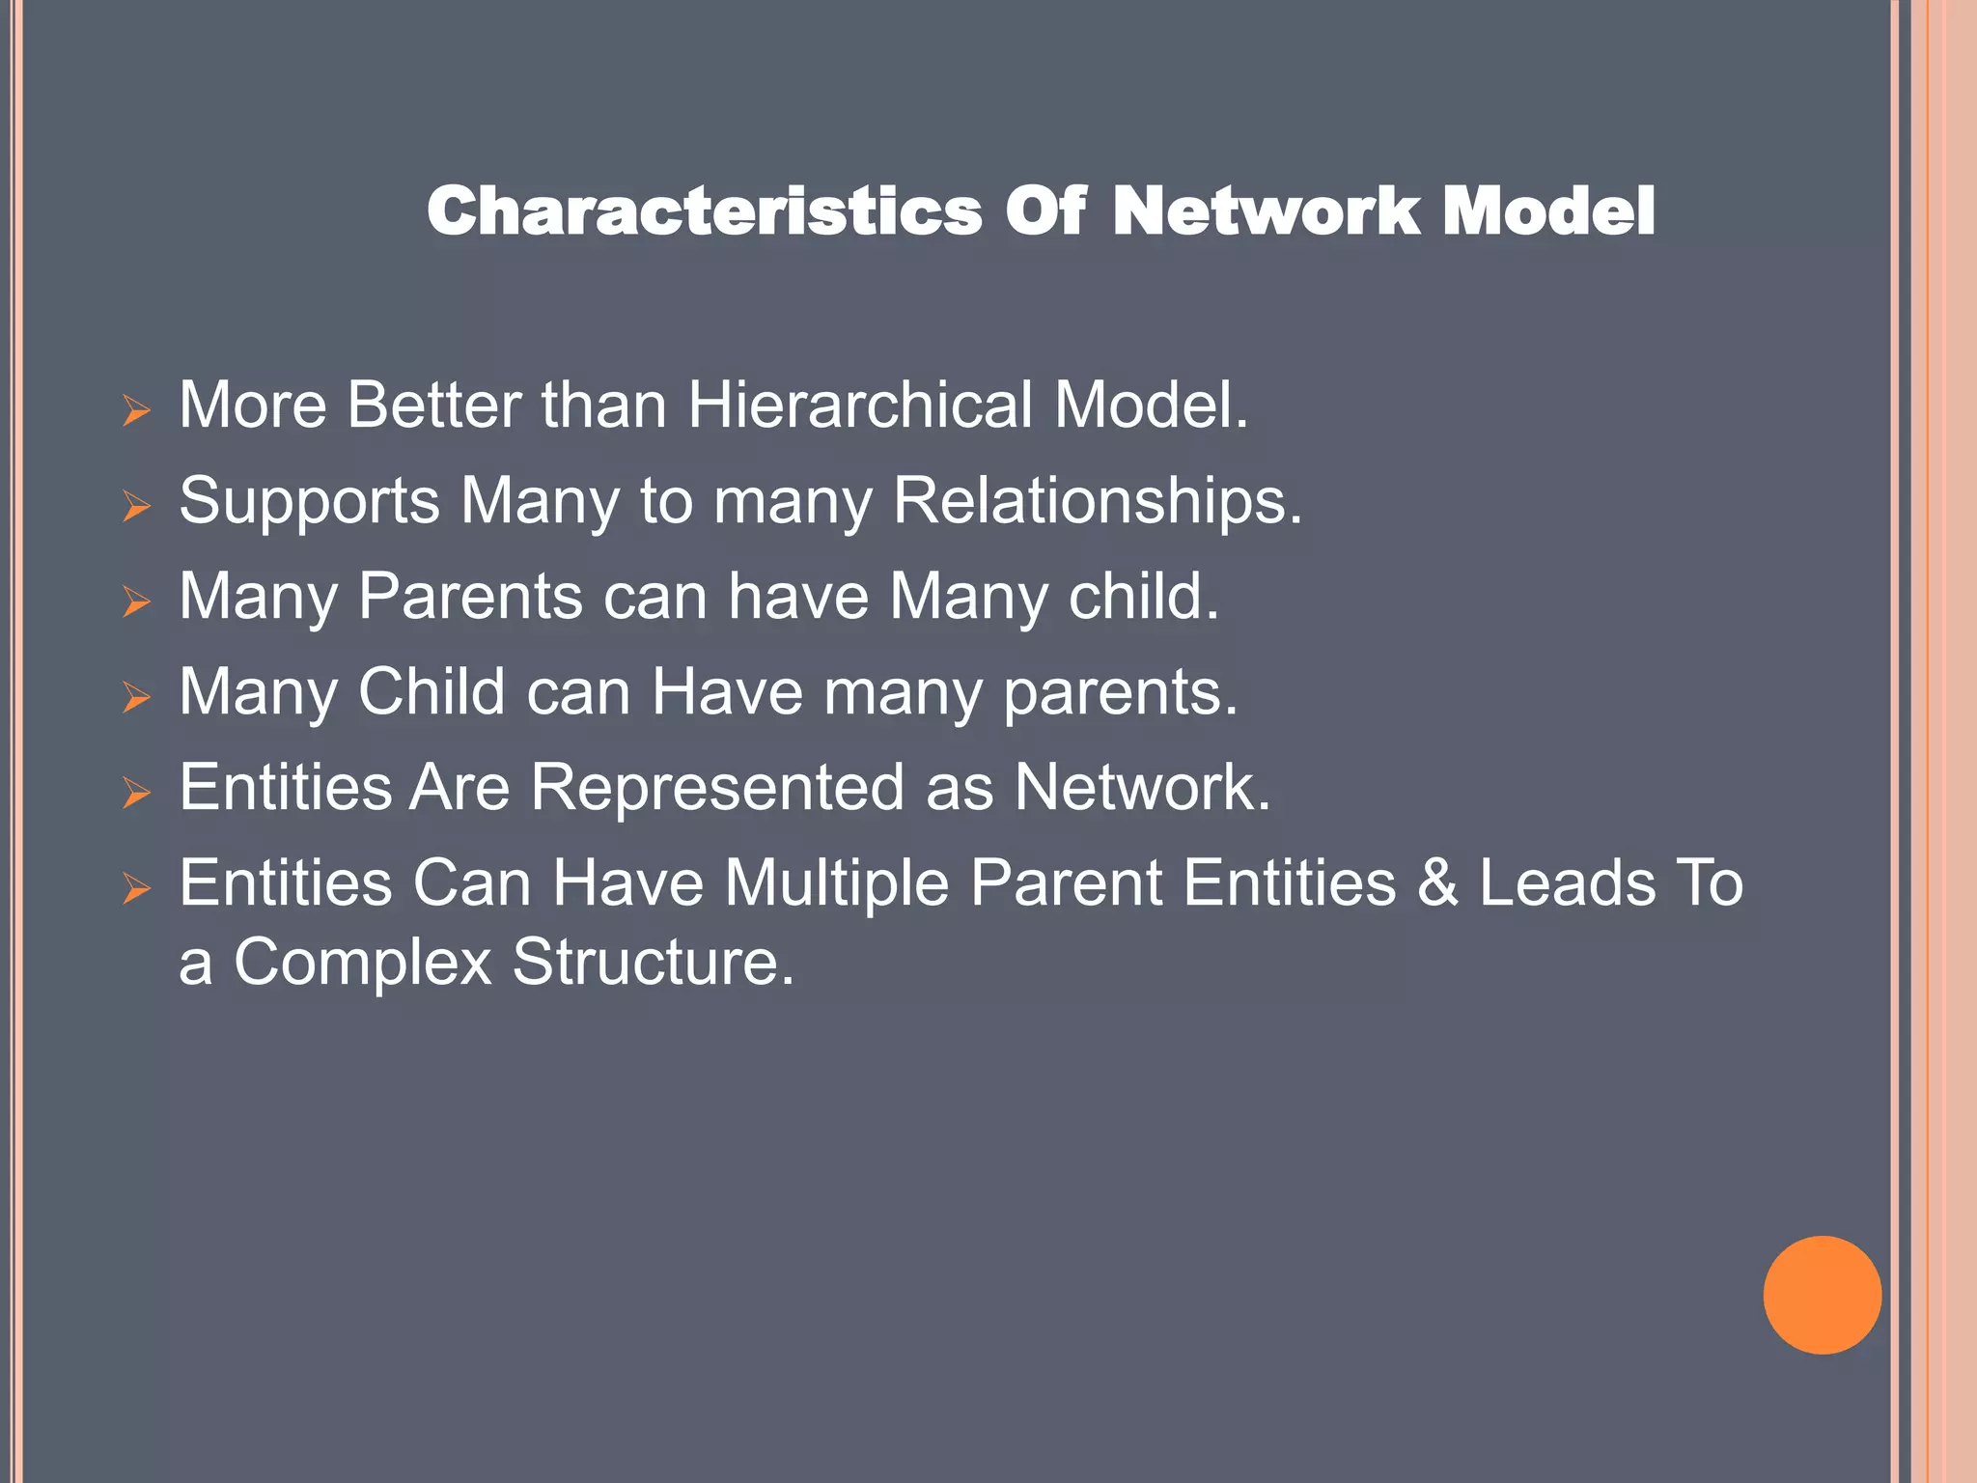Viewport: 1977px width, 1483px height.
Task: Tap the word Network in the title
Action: point(1266,211)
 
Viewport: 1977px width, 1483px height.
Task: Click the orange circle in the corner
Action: point(1822,1295)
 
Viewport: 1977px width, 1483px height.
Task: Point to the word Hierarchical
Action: point(860,405)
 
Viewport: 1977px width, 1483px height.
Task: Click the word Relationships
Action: point(1097,501)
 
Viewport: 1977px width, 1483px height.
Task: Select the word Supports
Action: point(309,501)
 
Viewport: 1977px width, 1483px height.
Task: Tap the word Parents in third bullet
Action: point(470,596)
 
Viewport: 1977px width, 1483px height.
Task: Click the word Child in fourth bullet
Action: point(432,691)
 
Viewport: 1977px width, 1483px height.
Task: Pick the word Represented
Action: point(717,787)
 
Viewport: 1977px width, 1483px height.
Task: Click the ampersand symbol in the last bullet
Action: point(1437,883)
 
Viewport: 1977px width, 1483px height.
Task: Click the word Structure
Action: point(653,962)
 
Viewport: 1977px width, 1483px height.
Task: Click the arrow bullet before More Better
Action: point(136,411)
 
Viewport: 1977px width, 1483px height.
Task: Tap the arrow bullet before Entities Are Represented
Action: point(136,794)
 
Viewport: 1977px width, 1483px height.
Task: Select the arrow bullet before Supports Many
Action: point(136,507)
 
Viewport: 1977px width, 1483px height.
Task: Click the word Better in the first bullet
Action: point(433,405)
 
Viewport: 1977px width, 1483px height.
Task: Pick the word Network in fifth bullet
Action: point(1141,787)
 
